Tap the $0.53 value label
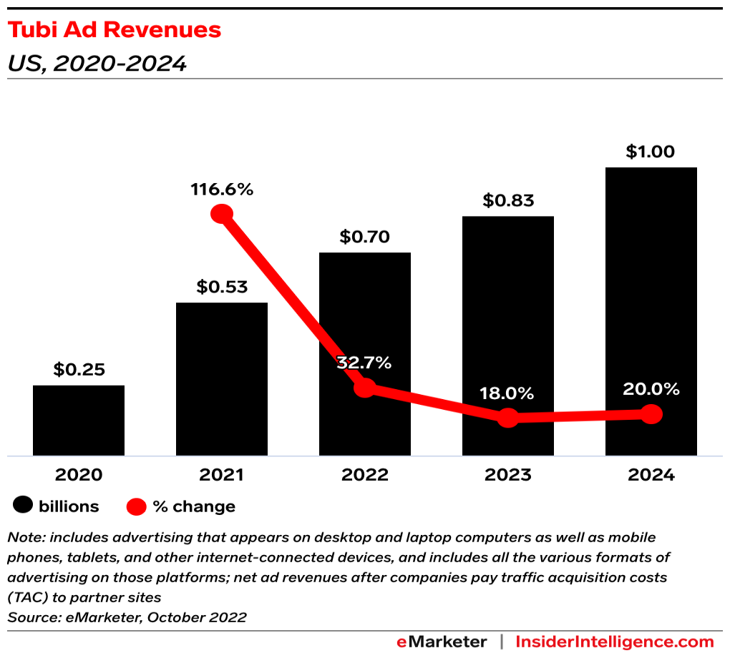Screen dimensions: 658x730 click(x=222, y=288)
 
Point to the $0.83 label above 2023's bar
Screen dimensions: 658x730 click(x=508, y=201)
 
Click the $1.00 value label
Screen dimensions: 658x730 click(x=651, y=152)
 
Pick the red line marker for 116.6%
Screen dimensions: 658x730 click(x=222, y=213)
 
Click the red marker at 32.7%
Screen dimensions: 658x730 click(x=365, y=388)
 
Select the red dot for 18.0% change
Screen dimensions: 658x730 click(x=508, y=418)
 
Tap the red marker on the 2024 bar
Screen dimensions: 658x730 click(x=651, y=414)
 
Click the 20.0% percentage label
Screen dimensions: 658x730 click(x=651, y=389)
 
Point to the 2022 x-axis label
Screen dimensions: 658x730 click(x=365, y=475)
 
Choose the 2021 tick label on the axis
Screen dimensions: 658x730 click(x=222, y=475)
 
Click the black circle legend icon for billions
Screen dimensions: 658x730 click(x=23, y=506)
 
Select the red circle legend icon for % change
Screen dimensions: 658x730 click(x=137, y=507)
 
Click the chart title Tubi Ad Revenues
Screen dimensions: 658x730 click(x=114, y=31)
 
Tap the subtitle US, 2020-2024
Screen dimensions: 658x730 click(x=97, y=64)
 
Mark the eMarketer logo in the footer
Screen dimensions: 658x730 click(x=442, y=642)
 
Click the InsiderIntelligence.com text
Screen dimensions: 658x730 click(x=615, y=642)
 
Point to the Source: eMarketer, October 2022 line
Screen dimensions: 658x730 click(x=127, y=617)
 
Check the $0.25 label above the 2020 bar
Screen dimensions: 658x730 click(x=79, y=370)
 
